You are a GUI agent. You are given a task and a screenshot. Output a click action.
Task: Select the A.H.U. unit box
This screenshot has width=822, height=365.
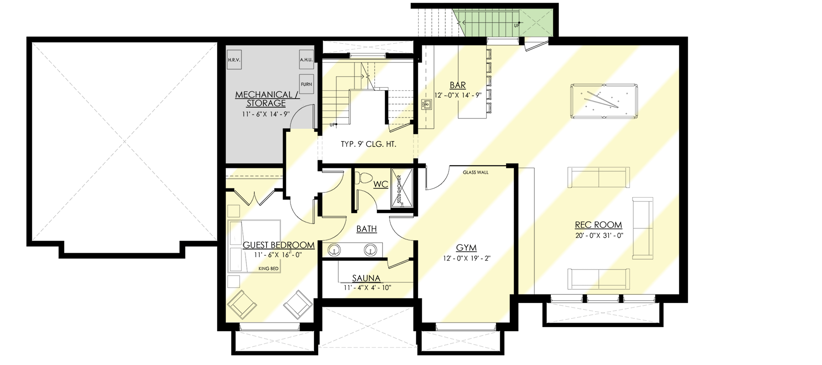click(306, 60)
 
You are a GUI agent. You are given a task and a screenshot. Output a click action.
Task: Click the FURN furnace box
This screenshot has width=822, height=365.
click(306, 84)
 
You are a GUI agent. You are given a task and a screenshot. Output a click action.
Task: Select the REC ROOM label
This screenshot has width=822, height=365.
click(598, 224)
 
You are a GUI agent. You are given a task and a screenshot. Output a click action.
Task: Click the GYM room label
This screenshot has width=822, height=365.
click(466, 248)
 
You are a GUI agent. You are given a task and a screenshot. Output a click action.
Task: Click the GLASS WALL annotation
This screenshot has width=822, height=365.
click(475, 172)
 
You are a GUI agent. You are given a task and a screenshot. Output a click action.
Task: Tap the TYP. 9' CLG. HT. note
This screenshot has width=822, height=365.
click(368, 144)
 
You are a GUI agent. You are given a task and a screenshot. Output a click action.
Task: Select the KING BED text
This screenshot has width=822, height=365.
click(268, 269)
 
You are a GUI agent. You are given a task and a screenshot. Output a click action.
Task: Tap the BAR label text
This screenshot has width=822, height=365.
click(457, 85)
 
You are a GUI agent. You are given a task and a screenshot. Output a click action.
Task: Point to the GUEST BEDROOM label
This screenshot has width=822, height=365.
click(278, 245)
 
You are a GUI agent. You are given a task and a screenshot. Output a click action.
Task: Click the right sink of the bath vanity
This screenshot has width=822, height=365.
click(370, 250)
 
